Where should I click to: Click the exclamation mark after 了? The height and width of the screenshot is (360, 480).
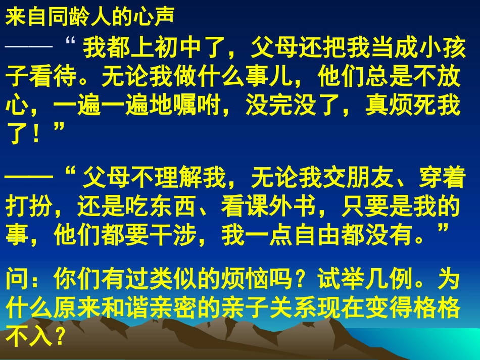click(36, 134)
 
